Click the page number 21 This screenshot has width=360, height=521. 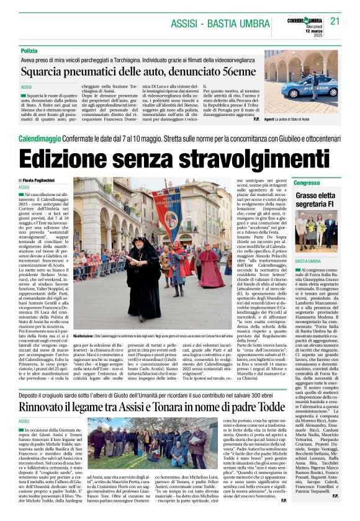336,20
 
